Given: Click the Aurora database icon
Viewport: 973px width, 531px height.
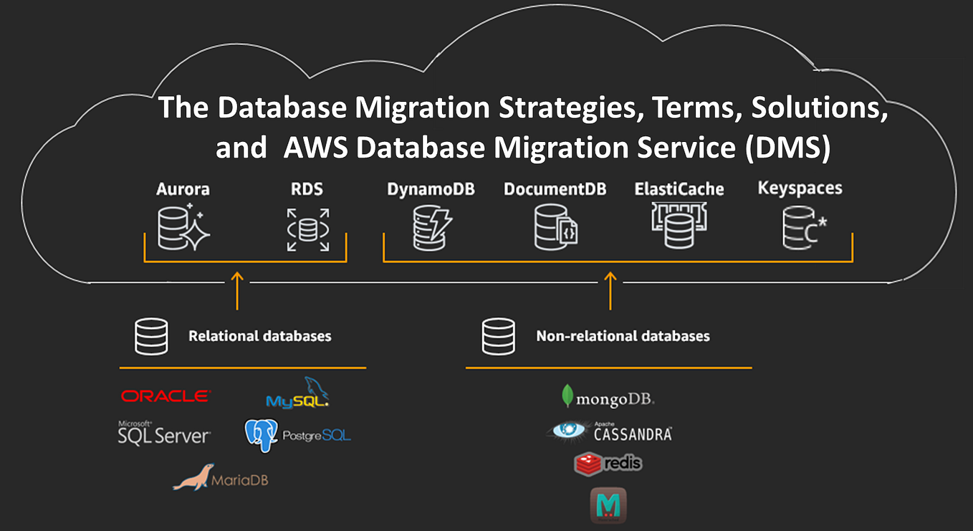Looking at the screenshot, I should point(182,227).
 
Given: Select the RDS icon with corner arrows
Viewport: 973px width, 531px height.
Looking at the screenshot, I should point(308,229).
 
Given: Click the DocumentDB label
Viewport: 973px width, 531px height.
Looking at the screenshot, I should point(555,189).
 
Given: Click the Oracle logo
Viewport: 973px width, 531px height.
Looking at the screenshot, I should point(166,396).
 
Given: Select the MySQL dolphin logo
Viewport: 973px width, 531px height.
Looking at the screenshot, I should point(299,394).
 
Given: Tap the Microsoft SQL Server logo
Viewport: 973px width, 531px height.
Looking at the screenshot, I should point(164,433).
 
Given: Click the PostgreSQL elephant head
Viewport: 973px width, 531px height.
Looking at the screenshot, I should point(261,434).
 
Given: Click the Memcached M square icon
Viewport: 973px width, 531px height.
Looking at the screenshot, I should point(608,504).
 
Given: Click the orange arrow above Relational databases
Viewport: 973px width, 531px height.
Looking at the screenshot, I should point(237,290).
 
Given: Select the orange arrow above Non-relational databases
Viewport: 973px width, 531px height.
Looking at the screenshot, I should point(610,290).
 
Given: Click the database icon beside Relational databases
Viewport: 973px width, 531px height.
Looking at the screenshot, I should point(151,336).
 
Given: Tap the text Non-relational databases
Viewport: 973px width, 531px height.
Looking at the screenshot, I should point(623,335).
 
